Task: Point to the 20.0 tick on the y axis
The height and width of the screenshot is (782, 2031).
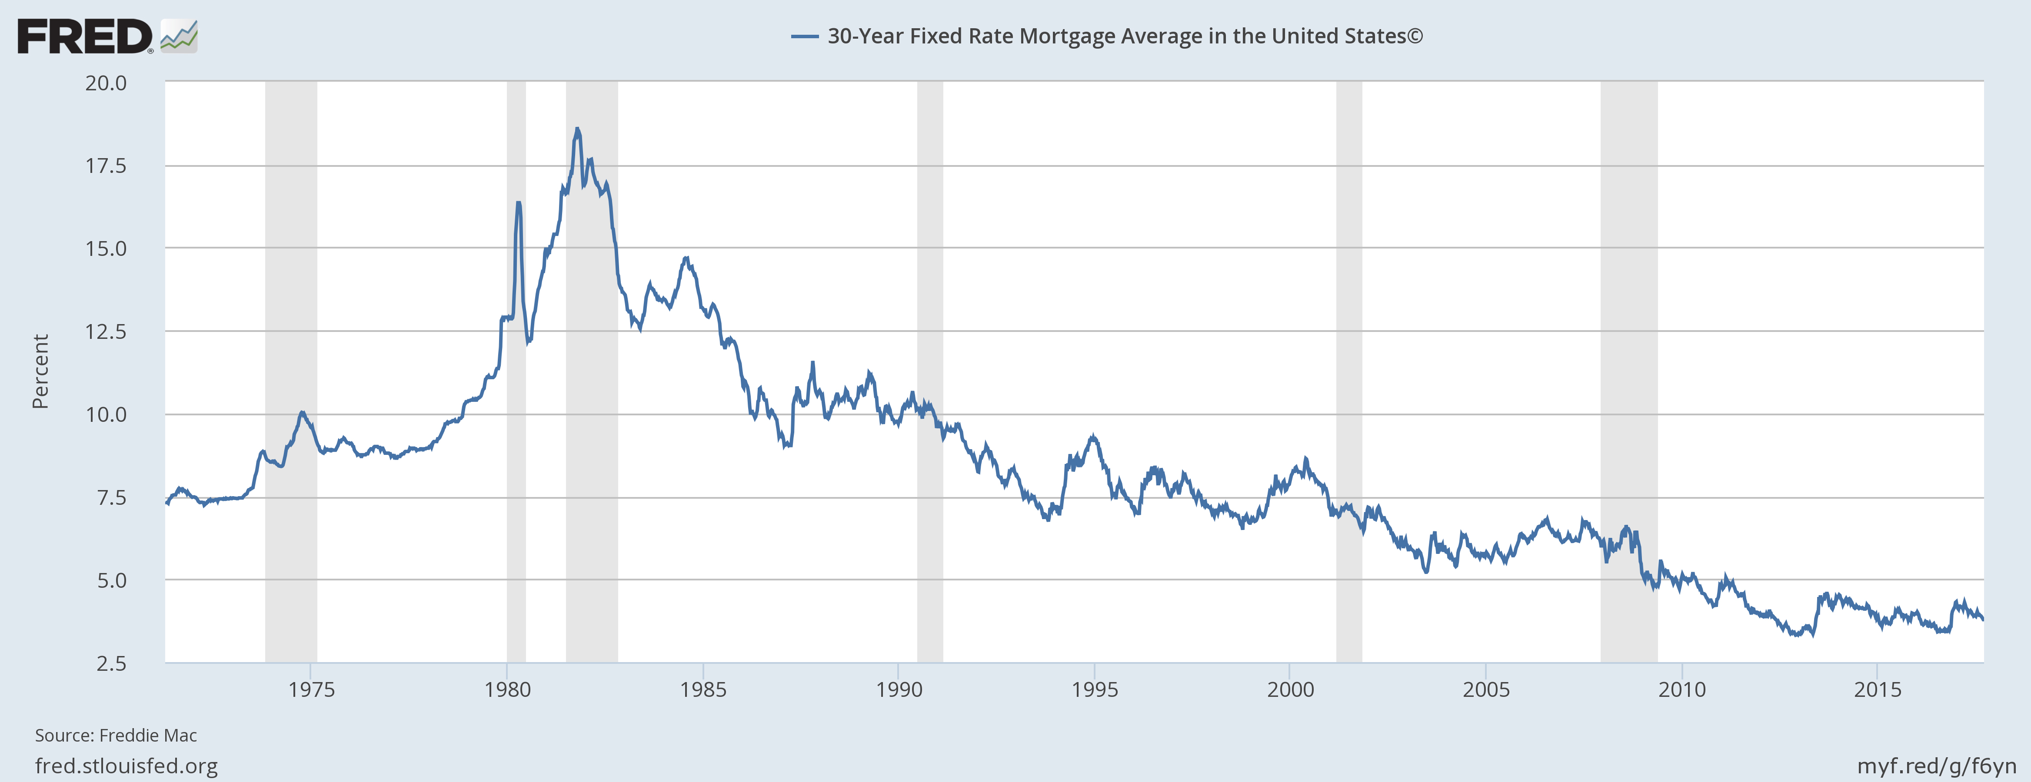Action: coord(106,83)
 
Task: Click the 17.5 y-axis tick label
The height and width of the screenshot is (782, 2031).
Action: coord(106,166)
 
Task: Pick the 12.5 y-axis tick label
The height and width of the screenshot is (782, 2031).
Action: coord(106,331)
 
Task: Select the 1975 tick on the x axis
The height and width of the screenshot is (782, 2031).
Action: coord(311,690)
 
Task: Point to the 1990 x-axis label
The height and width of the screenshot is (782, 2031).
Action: coord(899,690)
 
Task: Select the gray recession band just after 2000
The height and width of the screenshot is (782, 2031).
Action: coord(1349,371)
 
